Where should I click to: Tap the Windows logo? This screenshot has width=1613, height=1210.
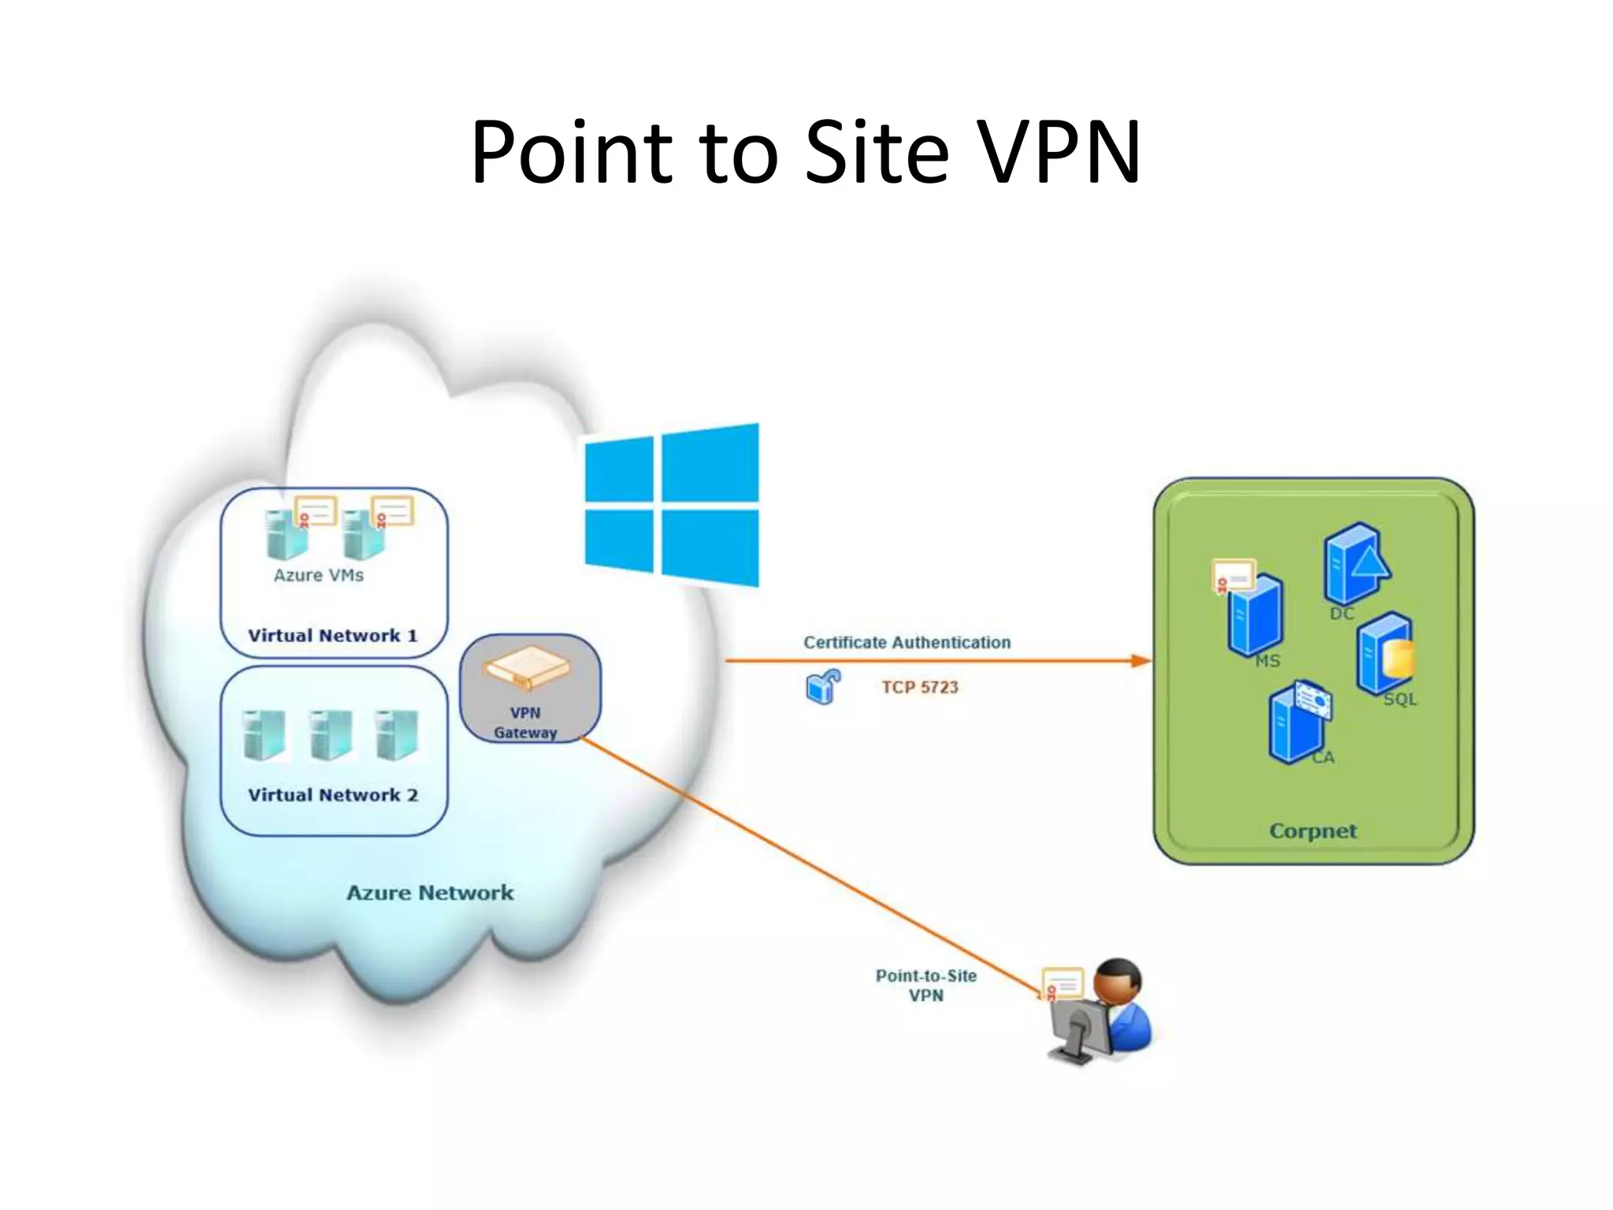click(x=672, y=505)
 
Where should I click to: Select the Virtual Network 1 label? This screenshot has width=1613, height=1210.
click(x=332, y=636)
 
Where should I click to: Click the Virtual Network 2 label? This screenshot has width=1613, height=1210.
click(x=332, y=795)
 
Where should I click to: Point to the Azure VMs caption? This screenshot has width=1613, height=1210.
click(x=318, y=575)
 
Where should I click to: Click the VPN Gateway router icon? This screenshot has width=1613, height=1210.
click(x=527, y=669)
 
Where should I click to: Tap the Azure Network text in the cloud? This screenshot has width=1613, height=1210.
click(x=429, y=893)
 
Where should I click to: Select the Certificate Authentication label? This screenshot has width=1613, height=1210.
click(x=907, y=642)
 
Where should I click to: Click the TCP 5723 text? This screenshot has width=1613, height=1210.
click(x=919, y=687)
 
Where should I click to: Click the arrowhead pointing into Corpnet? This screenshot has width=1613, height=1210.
click(x=1141, y=661)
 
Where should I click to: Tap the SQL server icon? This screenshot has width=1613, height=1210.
click(x=1384, y=653)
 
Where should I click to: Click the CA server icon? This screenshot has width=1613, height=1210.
click(x=1296, y=723)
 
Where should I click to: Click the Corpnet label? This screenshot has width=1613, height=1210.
click(x=1313, y=830)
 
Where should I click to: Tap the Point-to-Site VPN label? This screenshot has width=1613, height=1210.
click(x=926, y=985)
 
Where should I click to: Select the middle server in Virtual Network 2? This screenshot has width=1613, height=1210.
click(x=330, y=734)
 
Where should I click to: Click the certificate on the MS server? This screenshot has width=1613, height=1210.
click(x=1232, y=576)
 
